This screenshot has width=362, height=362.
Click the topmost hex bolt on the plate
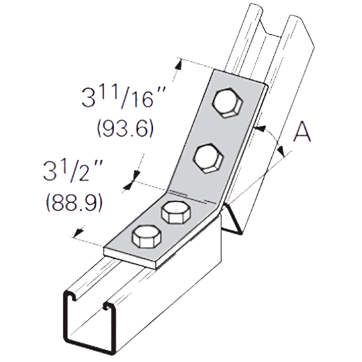227,104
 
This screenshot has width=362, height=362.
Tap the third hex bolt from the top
176,212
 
